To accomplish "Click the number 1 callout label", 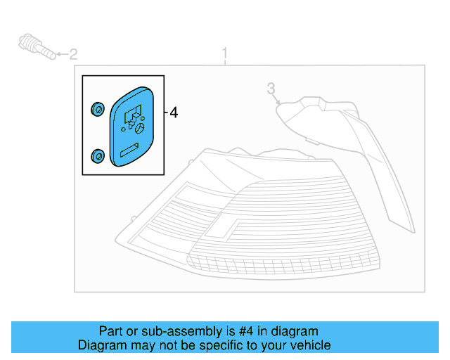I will click(225, 53).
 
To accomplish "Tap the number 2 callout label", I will click(73, 53).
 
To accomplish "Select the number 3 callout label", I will click(270, 88).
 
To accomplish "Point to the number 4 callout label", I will click(174, 112).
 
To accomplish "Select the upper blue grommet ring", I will click(98, 109).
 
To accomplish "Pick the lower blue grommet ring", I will click(98, 155).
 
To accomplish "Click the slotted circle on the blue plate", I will click(139, 129).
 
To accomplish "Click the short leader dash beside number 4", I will click(166, 112).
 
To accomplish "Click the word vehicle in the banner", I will click(310, 345).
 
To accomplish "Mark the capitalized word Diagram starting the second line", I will click(101, 345).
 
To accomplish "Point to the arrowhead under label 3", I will click(279, 104).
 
